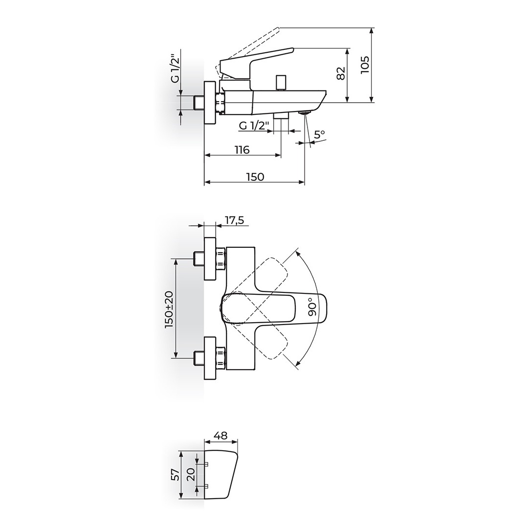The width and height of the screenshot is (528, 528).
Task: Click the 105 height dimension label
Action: point(365,65)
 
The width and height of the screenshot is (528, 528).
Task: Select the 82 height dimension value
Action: point(341,73)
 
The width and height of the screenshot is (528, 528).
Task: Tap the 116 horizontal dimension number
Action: point(242,150)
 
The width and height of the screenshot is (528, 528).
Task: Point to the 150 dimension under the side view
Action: point(255,176)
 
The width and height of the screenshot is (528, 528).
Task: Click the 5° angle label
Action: point(320,134)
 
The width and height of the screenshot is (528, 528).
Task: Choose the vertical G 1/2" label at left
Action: point(175,68)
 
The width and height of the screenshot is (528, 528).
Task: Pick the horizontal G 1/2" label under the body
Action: point(254,126)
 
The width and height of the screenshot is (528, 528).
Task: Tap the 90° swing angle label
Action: point(312,307)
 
